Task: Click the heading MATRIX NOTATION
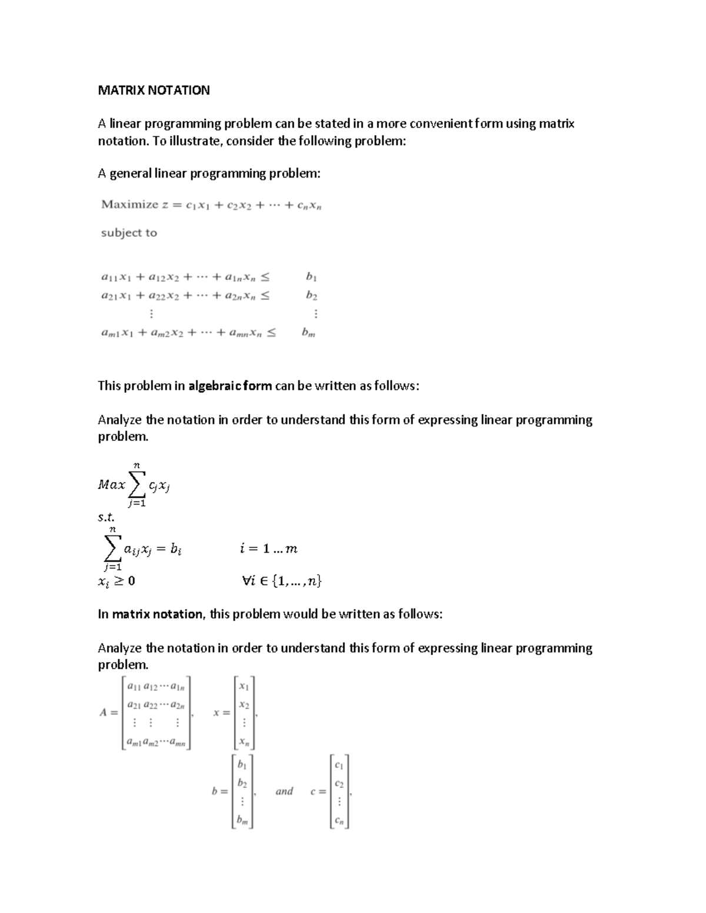(x=154, y=91)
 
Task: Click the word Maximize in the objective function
(x=129, y=205)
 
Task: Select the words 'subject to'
(x=129, y=233)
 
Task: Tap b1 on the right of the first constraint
(x=311, y=276)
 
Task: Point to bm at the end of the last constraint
(x=309, y=333)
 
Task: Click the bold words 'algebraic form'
(x=230, y=386)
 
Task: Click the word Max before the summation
(x=112, y=485)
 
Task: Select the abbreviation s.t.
(x=106, y=517)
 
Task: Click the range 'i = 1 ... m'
(x=268, y=549)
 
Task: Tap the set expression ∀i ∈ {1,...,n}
(x=281, y=581)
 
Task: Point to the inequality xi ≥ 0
(x=116, y=581)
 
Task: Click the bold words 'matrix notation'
(x=158, y=614)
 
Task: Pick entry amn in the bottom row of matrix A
(x=177, y=743)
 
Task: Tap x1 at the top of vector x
(x=244, y=687)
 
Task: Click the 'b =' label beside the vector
(x=219, y=791)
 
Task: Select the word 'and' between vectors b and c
(x=284, y=791)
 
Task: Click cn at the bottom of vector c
(x=339, y=821)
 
